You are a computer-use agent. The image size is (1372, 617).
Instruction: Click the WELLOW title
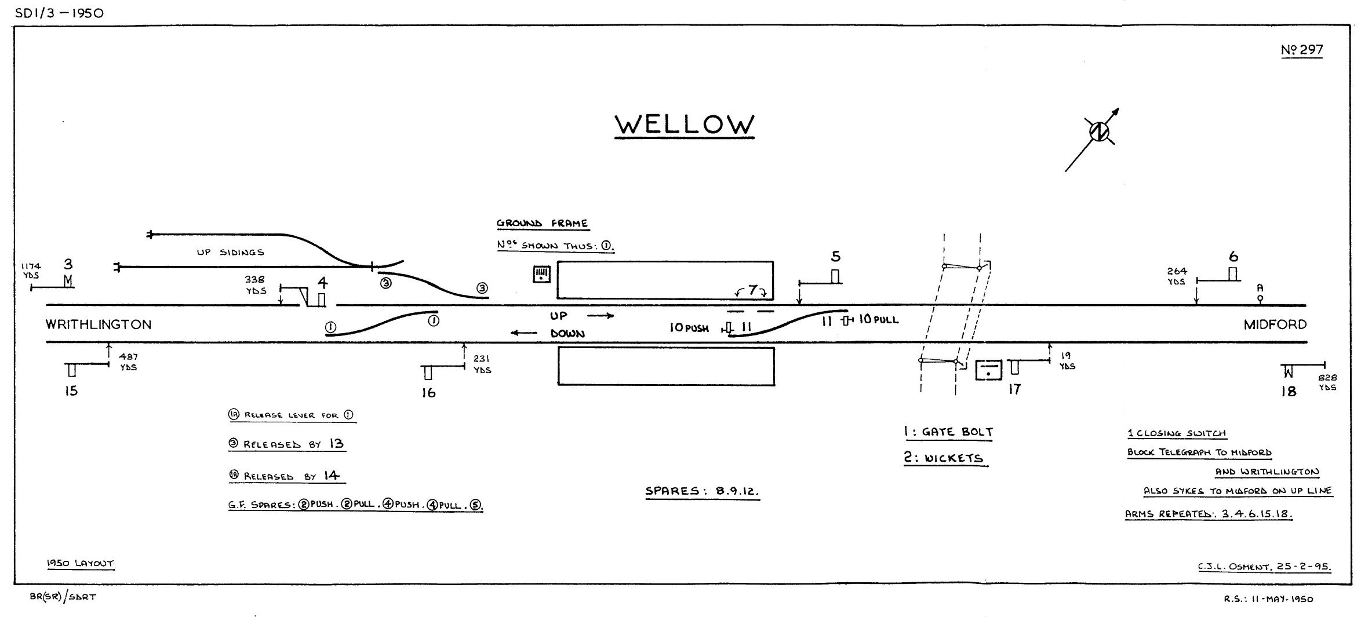point(684,125)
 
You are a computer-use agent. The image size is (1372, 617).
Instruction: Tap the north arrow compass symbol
point(1098,133)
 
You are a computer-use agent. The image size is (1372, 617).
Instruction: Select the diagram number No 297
point(1302,50)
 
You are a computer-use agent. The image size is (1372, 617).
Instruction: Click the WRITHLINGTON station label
point(99,324)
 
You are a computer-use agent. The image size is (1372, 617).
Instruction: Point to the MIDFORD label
point(1275,324)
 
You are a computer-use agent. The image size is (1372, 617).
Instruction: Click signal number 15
point(71,391)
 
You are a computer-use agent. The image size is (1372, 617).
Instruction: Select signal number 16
point(428,393)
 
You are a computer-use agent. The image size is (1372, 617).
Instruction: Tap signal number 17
point(1014,389)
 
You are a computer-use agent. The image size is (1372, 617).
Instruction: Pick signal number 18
point(1288,392)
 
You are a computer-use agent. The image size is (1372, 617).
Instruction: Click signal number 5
point(835,257)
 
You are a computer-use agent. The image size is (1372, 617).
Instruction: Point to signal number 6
point(1233,257)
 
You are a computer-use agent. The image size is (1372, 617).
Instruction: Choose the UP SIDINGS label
point(231,253)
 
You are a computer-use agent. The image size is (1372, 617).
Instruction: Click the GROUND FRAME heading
point(542,224)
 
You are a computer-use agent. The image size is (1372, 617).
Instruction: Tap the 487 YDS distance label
point(129,362)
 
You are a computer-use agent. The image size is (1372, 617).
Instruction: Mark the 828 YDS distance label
point(1327,382)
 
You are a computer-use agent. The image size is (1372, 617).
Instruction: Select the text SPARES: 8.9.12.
point(702,491)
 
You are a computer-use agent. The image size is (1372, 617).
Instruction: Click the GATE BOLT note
point(948,432)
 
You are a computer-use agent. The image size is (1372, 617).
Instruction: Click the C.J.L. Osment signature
point(1264,567)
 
